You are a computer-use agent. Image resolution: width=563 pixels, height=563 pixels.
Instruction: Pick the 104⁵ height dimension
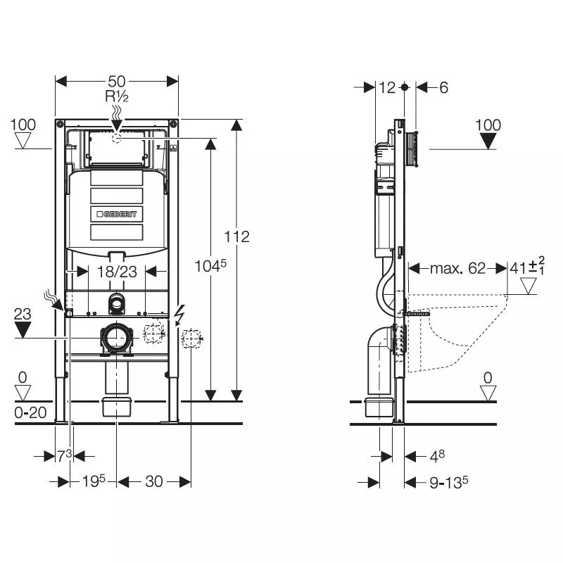coord(210,265)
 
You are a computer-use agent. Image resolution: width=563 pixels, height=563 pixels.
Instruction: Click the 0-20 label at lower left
coord(30,413)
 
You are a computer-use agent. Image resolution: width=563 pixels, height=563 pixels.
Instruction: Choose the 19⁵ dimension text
coord(93,481)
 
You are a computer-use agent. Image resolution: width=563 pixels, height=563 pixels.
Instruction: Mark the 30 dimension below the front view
coord(153,481)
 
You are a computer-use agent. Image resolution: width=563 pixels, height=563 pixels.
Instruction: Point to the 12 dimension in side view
coord(388,87)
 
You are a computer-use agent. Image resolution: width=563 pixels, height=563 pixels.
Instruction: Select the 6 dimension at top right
coord(443,87)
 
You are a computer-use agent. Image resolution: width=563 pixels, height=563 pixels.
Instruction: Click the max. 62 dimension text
coord(458,268)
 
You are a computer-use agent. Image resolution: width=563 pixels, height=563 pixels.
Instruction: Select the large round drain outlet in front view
coord(116,339)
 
